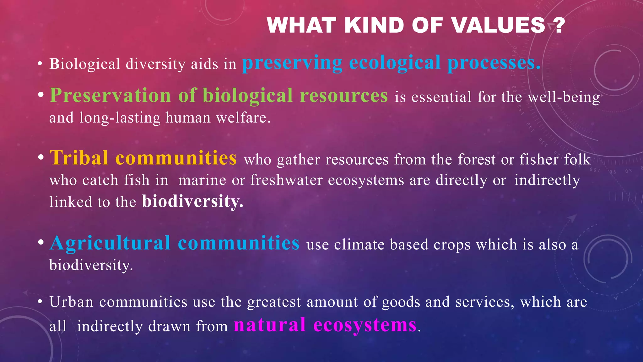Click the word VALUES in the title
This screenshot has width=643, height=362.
point(499,25)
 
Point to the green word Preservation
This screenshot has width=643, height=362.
point(110,95)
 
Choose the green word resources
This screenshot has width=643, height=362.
point(344,95)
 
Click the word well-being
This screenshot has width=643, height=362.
point(564,97)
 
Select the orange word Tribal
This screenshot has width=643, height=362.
point(79,158)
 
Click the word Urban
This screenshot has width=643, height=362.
point(71,302)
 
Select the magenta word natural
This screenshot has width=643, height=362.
point(270,325)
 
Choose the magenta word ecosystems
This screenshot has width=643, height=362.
point(365,325)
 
